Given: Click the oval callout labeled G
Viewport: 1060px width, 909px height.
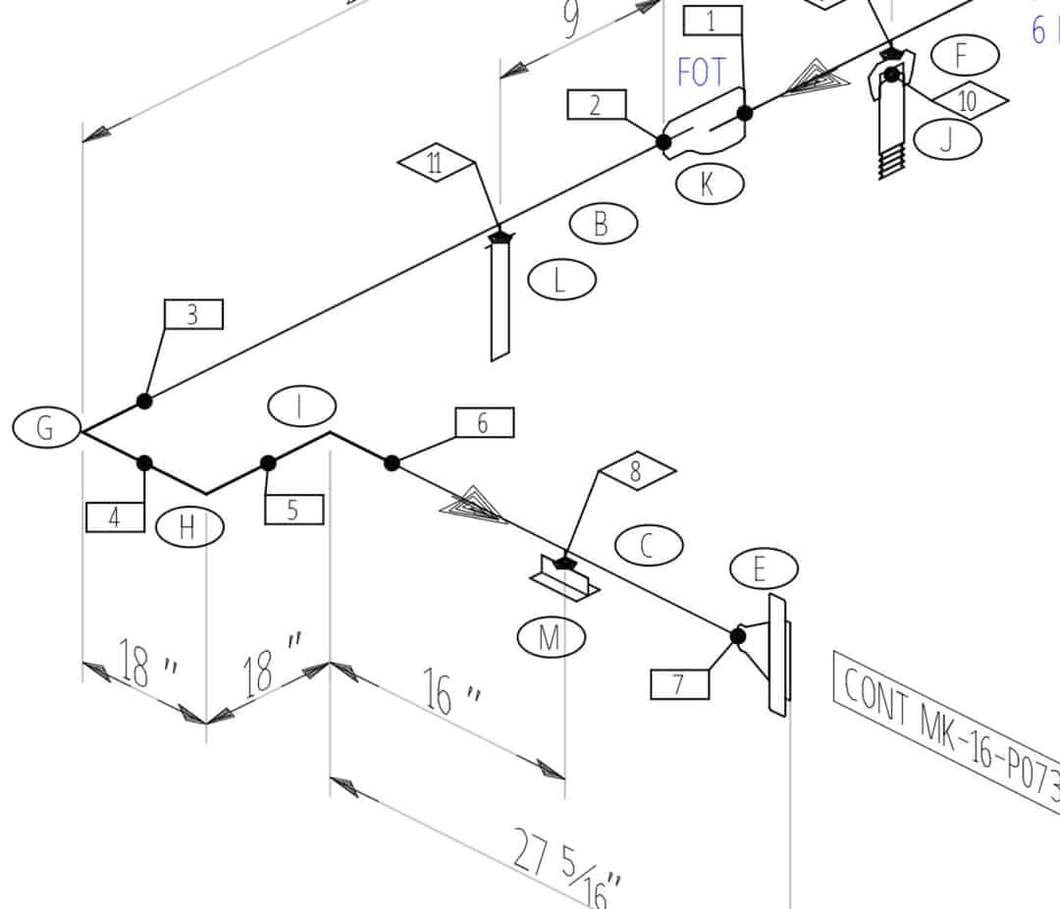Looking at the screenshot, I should (x=45, y=428).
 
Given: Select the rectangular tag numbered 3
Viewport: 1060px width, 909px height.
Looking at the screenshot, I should (x=193, y=315).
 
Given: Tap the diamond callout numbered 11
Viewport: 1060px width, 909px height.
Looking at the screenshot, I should (x=436, y=163).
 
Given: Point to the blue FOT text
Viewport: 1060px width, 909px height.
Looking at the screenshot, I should (x=703, y=73).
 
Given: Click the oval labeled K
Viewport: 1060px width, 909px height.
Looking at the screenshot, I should (x=708, y=184).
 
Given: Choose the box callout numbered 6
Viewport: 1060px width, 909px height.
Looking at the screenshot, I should (x=484, y=423).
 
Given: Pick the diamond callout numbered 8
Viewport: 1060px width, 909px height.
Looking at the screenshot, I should (x=636, y=472).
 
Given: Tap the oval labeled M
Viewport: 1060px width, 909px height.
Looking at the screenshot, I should (x=551, y=638).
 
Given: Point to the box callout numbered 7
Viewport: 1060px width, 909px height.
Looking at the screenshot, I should (x=679, y=684).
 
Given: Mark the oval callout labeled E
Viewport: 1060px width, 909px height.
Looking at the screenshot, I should (x=764, y=567).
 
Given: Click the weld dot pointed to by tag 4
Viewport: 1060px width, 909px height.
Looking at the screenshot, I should (x=144, y=463).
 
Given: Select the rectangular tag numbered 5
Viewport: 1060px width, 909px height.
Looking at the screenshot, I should (x=293, y=509).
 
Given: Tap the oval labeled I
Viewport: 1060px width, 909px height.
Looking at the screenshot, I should (x=301, y=405).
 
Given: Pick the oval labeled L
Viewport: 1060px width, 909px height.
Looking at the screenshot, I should (x=561, y=281).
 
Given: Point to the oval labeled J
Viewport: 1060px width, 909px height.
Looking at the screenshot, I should (x=947, y=139).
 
